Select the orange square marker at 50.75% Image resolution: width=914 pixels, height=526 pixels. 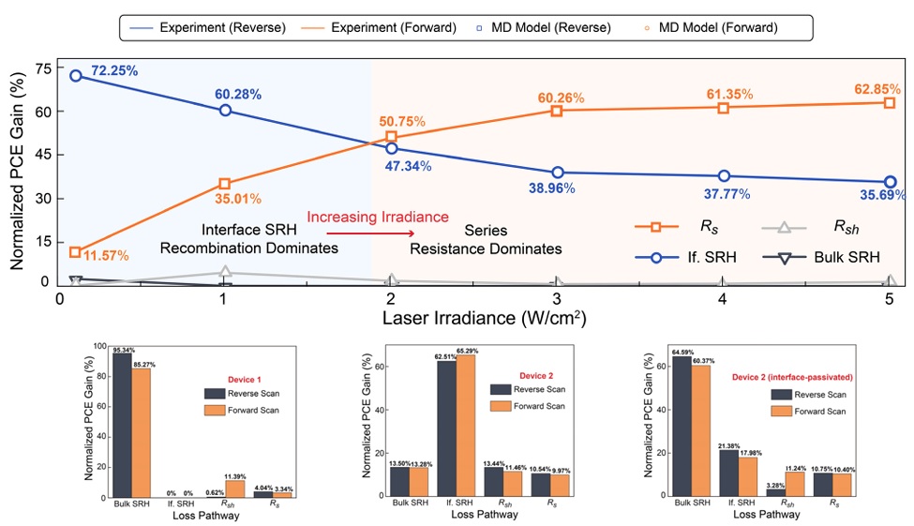click(391, 138)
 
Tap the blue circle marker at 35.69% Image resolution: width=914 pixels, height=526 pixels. click(890, 182)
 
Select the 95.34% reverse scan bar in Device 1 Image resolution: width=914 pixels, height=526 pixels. click(123, 425)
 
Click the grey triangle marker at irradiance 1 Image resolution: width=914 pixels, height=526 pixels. click(225, 274)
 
